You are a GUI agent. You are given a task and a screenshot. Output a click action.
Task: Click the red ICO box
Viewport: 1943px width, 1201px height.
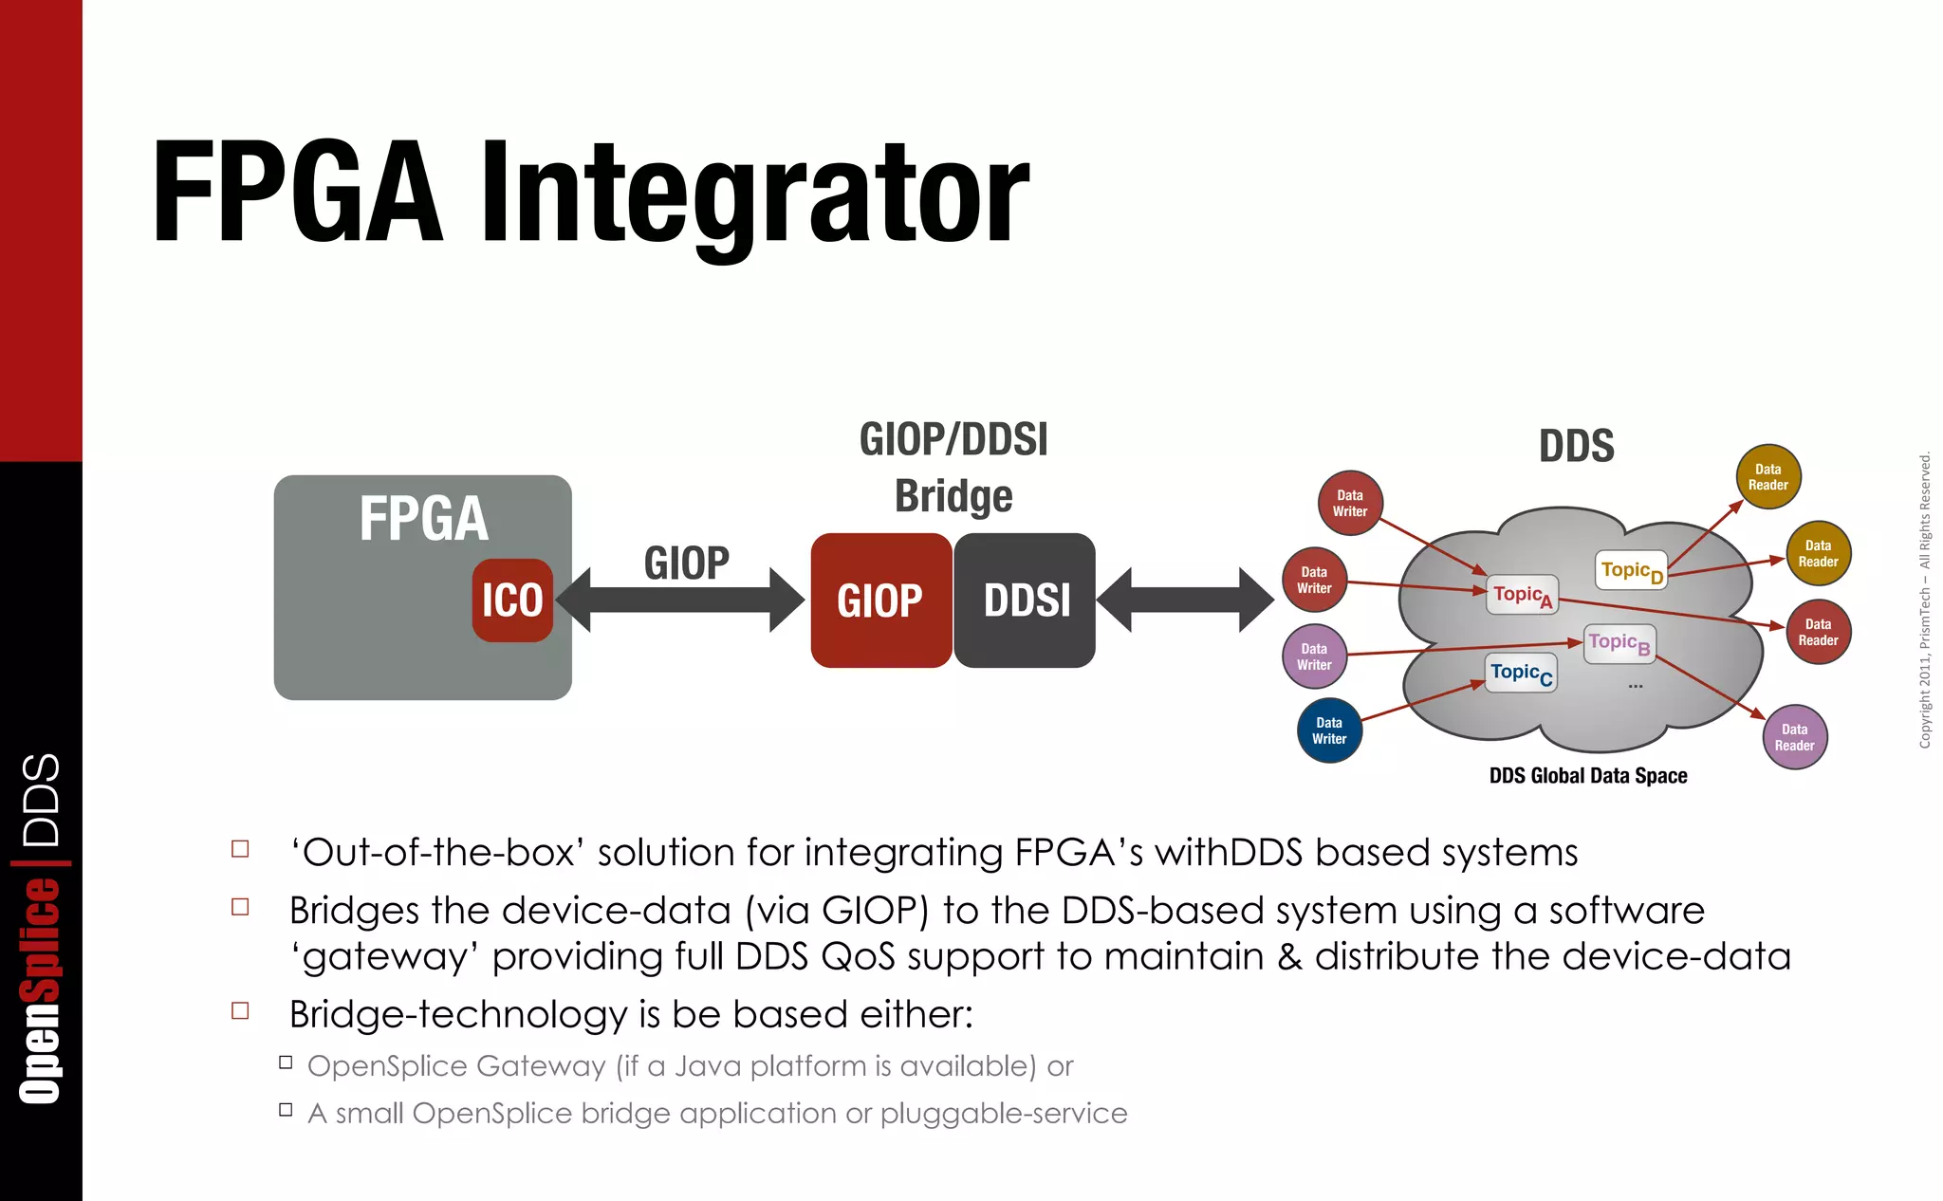click(x=512, y=600)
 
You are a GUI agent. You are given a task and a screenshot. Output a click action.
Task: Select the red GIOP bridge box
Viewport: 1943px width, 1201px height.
click(x=880, y=600)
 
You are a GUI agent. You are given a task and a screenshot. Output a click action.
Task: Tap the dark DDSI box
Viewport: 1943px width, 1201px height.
click(x=1026, y=600)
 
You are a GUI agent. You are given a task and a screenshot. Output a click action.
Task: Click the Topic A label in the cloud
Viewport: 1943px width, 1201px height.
click(x=1522, y=595)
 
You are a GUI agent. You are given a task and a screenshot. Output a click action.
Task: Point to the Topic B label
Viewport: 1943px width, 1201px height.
click(x=1619, y=643)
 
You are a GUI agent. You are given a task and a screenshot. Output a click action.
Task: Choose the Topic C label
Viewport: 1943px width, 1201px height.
click(x=1521, y=673)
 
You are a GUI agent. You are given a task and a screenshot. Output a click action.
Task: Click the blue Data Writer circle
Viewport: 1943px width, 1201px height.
click(x=1329, y=730)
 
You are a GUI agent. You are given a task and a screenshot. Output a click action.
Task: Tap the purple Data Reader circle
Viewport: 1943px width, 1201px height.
click(x=1794, y=737)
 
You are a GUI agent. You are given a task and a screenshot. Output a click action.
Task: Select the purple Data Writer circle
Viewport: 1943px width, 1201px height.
click(x=1314, y=656)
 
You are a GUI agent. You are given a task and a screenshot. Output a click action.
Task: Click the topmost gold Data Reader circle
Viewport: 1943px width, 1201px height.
click(x=1767, y=477)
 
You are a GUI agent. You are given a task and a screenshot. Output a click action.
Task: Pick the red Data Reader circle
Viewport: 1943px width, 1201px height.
click(x=1818, y=632)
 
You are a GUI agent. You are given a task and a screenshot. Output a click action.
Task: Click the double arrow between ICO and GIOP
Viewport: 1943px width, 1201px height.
click(x=679, y=600)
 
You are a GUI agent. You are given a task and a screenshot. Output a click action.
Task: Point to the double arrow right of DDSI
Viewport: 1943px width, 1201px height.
click(x=1185, y=600)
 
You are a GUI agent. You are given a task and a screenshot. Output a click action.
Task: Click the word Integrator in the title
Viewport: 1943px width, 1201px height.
click(x=754, y=194)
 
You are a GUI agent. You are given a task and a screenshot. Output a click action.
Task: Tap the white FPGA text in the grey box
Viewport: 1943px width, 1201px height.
click(x=423, y=519)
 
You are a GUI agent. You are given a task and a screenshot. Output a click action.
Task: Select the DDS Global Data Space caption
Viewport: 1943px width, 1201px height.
click(x=1587, y=776)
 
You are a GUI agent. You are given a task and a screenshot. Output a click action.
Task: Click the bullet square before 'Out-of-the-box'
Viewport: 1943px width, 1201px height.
click(x=240, y=849)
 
